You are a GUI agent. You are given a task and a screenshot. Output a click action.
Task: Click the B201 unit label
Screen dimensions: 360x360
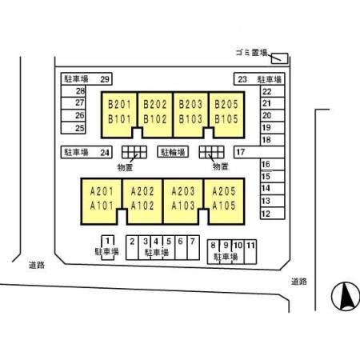(x=119, y=104)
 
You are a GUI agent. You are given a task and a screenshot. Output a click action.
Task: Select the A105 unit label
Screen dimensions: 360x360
(x=224, y=206)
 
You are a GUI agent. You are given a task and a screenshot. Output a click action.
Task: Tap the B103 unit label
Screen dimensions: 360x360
(x=190, y=119)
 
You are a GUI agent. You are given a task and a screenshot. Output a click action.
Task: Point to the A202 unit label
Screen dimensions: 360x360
(x=142, y=191)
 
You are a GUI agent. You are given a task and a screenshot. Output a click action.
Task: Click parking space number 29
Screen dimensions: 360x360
(x=105, y=79)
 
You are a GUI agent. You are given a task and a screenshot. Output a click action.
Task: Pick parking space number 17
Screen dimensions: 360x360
(x=240, y=152)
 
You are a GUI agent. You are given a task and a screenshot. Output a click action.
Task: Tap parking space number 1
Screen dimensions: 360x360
(x=107, y=241)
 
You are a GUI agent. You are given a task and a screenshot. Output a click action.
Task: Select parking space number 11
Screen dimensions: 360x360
(x=250, y=245)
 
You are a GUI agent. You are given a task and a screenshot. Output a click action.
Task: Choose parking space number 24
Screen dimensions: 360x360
(x=105, y=153)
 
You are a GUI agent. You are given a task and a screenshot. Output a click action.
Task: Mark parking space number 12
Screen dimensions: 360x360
(x=266, y=214)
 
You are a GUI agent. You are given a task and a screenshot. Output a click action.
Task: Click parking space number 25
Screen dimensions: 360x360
(x=80, y=128)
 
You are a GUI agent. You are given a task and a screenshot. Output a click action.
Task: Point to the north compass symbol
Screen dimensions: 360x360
(x=346, y=296)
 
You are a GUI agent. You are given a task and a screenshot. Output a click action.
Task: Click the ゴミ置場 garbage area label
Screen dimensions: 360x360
(x=251, y=53)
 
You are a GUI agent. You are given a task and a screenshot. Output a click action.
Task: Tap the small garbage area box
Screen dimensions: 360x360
(x=280, y=58)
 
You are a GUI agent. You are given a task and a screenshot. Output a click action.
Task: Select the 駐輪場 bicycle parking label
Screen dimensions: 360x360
(x=173, y=152)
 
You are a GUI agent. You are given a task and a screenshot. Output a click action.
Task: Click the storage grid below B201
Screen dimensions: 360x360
(x=134, y=152)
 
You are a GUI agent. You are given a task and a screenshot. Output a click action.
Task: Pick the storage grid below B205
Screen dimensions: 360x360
(x=212, y=152)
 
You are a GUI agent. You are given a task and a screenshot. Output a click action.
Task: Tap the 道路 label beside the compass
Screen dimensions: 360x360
(x=299, y=282)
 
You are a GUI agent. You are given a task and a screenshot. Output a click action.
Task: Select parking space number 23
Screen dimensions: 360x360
(x=242, y=79)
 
